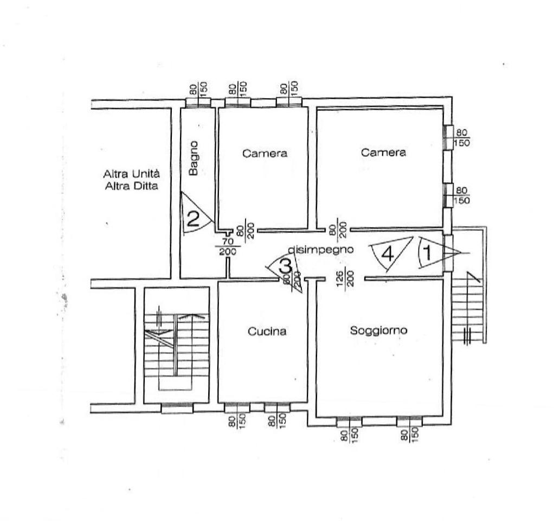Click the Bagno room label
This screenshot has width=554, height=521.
point(194,158)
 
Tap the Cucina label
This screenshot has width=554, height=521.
point(267,332)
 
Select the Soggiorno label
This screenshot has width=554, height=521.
point(378,331)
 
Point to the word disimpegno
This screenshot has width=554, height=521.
point(321,250)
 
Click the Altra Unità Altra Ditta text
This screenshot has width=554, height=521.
point(131,180)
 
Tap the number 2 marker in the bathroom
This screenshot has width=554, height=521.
point(193,219)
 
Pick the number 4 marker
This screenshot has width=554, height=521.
point(388,253)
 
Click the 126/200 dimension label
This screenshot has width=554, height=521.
point(345,279)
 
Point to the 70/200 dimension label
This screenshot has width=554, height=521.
point(228,246)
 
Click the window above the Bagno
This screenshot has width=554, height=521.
point(198,102)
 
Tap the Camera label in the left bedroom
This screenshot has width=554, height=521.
point(265,154)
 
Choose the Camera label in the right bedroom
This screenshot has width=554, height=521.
point(383,153)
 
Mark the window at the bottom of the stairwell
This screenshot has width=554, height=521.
point(177,408)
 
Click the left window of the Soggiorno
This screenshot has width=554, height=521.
point(349,422)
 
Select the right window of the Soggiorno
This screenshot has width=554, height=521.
point(409,422)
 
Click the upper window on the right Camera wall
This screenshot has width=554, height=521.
point(448,138)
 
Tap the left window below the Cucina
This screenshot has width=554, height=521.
point(237,408)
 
